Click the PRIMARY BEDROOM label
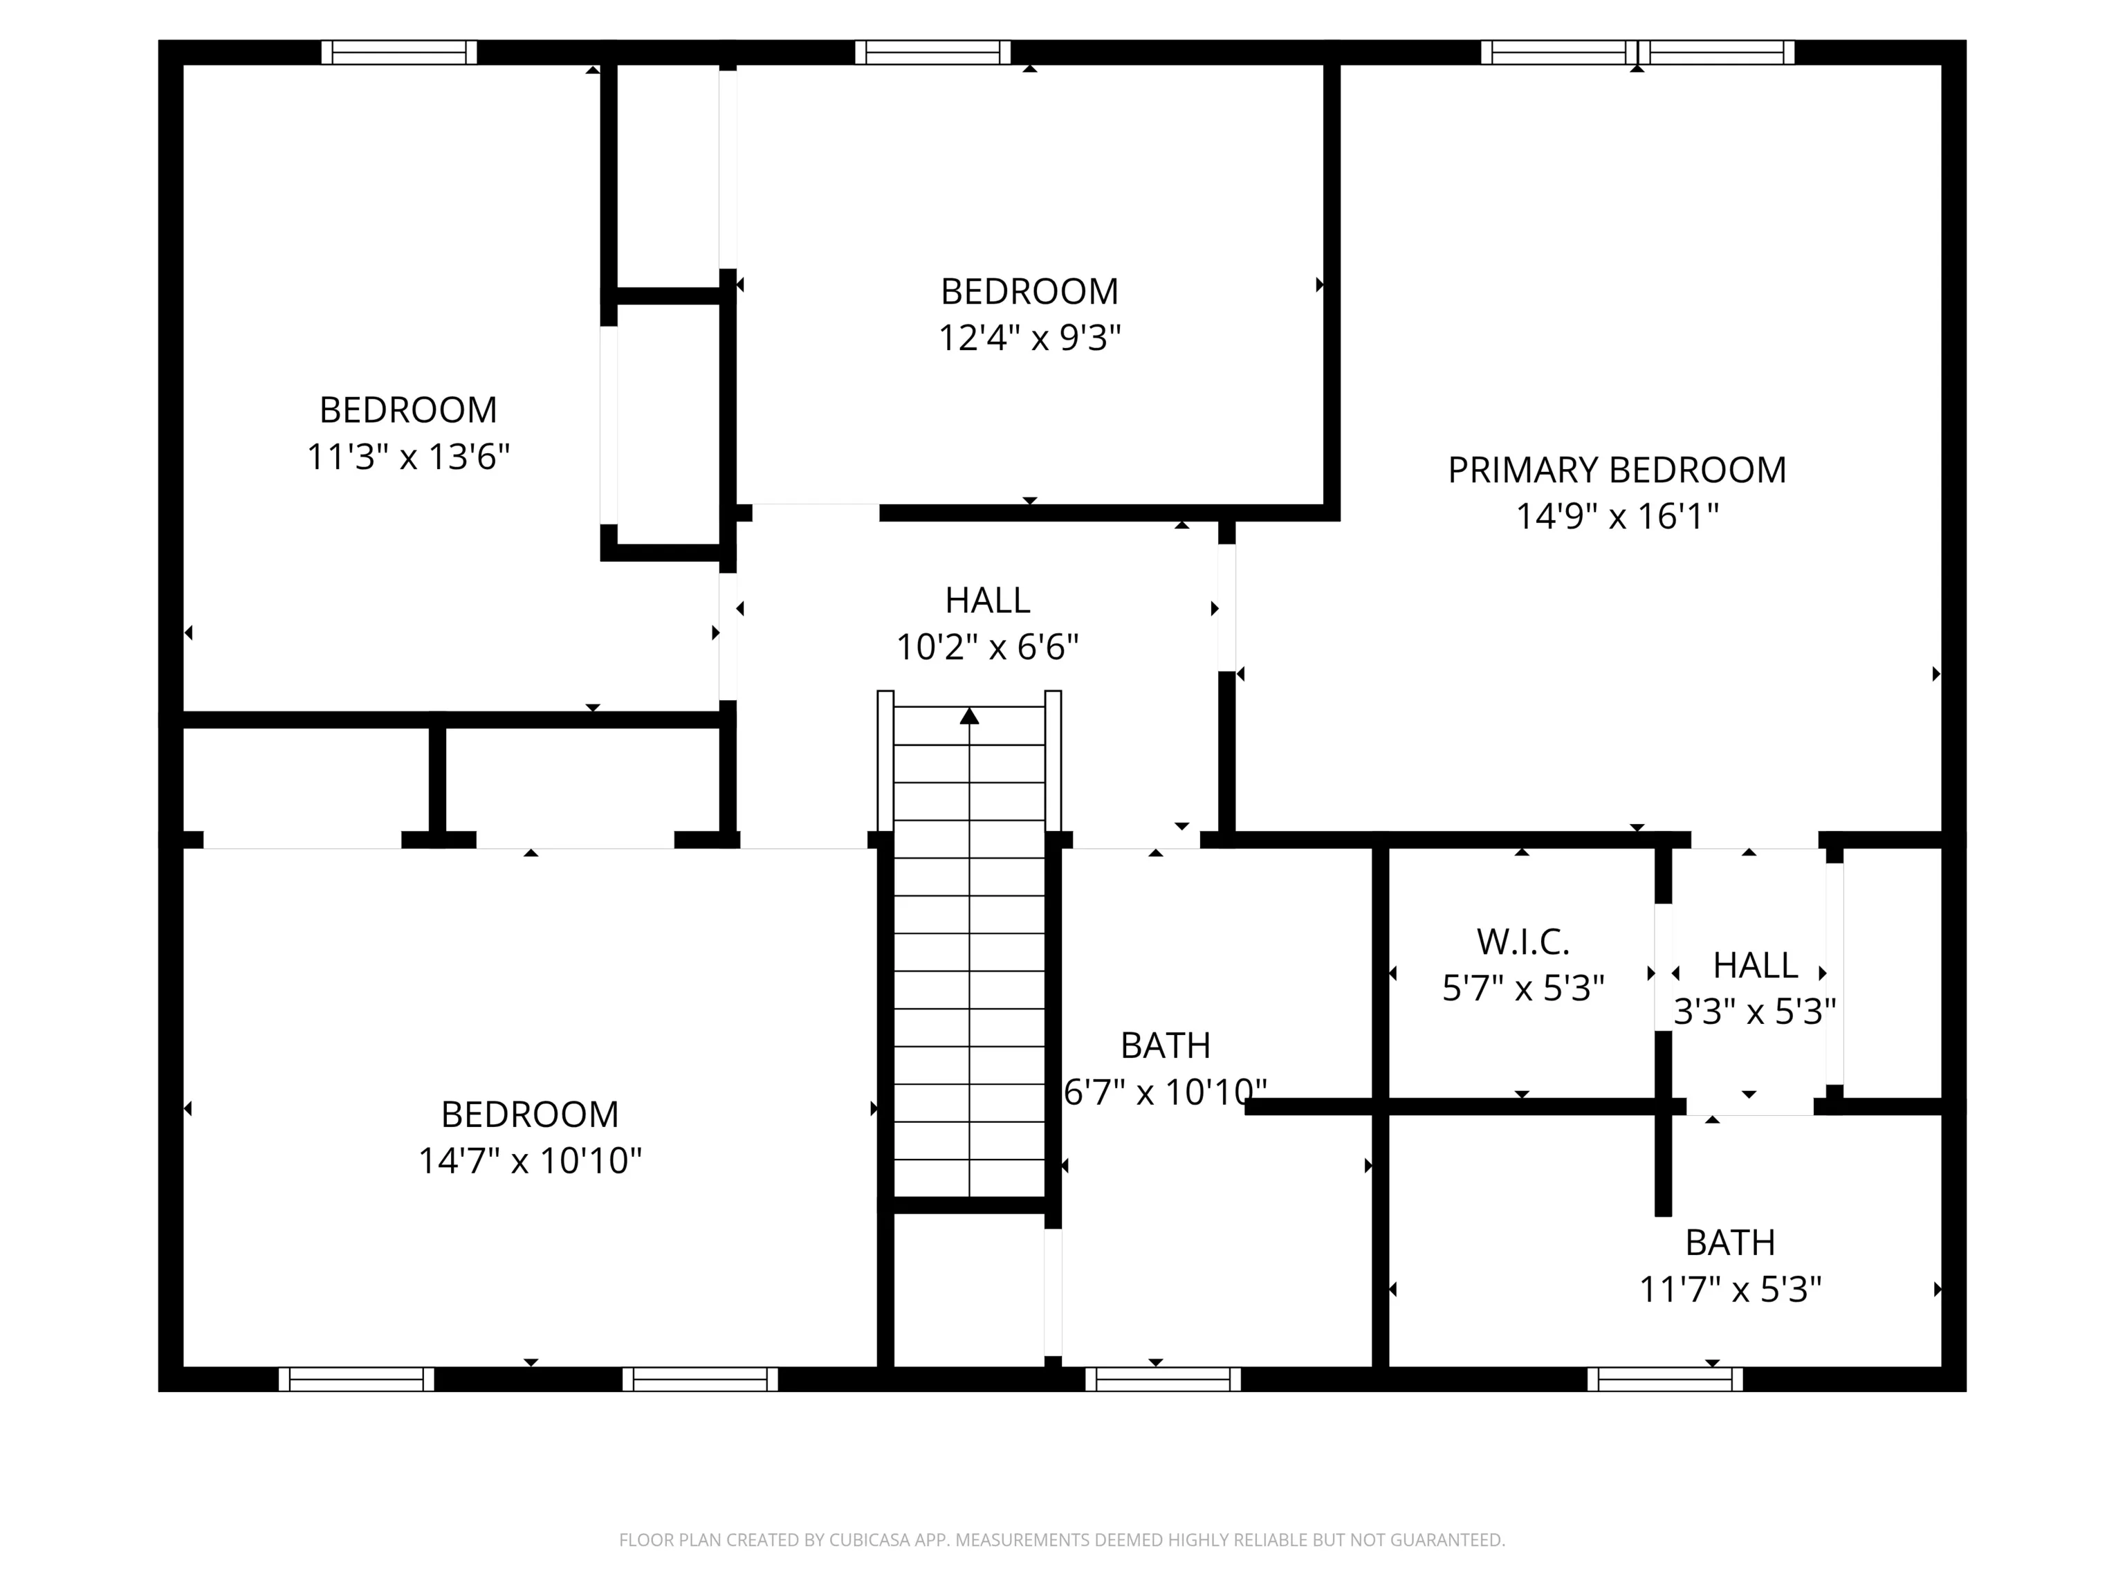point(1617,470)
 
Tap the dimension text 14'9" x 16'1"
point(1617,517)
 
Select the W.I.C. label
point(1523,942)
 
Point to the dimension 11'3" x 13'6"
point(408,457)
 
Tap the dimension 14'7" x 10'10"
point(529,1161)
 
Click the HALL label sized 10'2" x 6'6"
point(988,601)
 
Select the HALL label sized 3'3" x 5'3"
point(1755,964)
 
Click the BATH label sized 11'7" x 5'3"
point(1730,1243)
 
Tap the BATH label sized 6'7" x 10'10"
point(1166,1045)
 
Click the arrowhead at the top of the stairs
point(969,716)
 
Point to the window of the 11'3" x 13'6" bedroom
point(398,52)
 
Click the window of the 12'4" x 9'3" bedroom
point(933,52)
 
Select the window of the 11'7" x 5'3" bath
point(1665,1379)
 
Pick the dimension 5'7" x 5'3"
point(1523,989)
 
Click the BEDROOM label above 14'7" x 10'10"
point(529,1115)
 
